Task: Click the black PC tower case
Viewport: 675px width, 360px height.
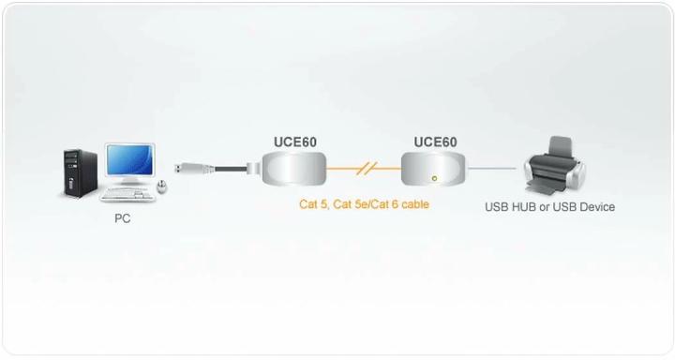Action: click(79, 172)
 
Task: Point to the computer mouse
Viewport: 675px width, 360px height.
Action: click(162, 188)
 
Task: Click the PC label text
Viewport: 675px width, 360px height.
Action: click(124, 218)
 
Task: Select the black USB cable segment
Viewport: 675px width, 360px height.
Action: click(230, 170)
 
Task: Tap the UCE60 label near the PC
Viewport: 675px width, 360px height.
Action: click(294, 142)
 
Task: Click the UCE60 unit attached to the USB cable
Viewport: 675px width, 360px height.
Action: click(292, 171)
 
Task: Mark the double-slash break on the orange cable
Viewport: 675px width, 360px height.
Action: click(367, 170)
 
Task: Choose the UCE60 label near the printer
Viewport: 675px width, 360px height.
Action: click(435, 142)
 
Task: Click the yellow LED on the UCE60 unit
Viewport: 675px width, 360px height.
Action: click(433, 177)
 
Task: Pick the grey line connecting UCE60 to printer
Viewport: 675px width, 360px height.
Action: click(492, 170)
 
